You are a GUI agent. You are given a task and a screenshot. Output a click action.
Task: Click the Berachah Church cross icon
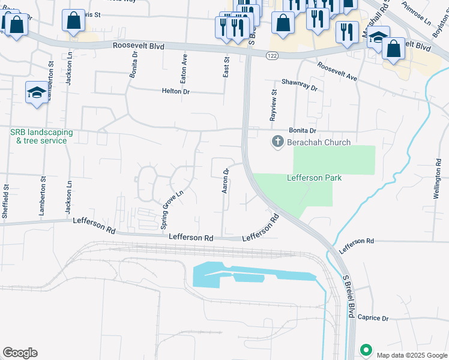coord(277,142)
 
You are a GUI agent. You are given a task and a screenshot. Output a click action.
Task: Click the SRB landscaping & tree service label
coord(41,136)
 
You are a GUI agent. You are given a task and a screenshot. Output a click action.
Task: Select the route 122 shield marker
coord(273,55)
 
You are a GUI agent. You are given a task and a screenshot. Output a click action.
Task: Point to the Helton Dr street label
coord(175,91)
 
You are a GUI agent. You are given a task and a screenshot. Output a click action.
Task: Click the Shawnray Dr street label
coord(299,86)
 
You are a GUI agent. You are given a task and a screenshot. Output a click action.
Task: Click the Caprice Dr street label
coord(374,317)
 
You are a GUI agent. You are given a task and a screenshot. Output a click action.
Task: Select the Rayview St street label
coord(273,106)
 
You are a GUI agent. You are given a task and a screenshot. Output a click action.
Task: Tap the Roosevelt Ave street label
coord(337,74)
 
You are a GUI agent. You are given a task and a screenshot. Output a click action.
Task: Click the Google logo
coord(20,353)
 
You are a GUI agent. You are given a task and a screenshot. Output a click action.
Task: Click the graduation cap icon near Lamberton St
coord(36,93)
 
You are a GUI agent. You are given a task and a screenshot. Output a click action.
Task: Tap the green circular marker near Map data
coord(365,350)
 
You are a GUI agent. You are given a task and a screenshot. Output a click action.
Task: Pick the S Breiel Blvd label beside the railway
coord(347,296)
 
